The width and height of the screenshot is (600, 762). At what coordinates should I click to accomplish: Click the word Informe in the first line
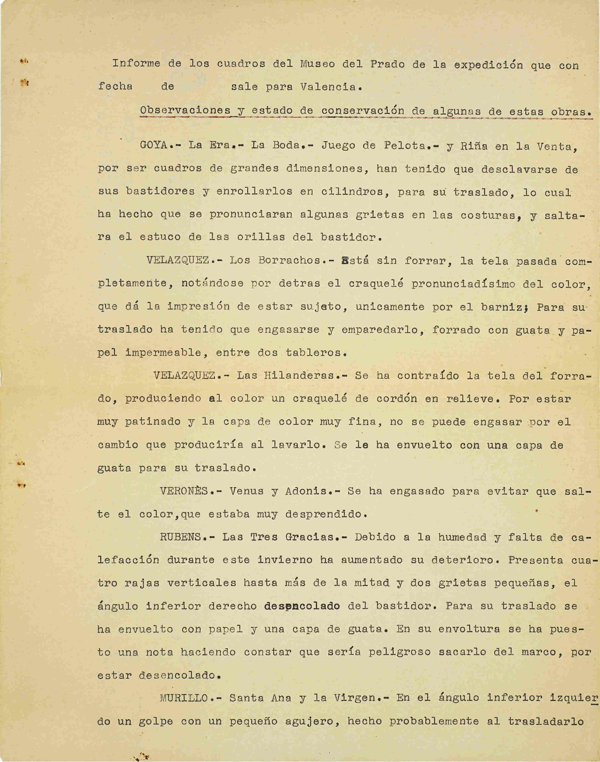coord(136,64)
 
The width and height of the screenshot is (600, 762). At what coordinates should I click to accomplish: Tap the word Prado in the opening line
coord(387,64)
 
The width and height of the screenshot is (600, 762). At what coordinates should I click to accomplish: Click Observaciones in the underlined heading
coord(185,110)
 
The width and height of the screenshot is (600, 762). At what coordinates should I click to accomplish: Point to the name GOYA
coord(154,145)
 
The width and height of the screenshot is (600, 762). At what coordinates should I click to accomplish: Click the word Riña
coord(473,146)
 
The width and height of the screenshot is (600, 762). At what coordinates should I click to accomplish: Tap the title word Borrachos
coord(289,261)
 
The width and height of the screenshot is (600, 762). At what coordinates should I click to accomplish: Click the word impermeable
coord(164,353)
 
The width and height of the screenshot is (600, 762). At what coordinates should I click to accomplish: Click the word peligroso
coord(399,652)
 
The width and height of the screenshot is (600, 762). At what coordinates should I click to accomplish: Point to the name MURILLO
coord(184,698)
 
